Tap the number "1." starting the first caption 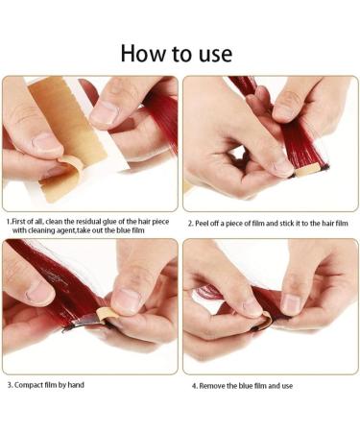pos(9,221)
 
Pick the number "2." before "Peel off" pos(190,222)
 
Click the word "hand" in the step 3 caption pos(94,386)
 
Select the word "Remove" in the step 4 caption pos(213,386)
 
